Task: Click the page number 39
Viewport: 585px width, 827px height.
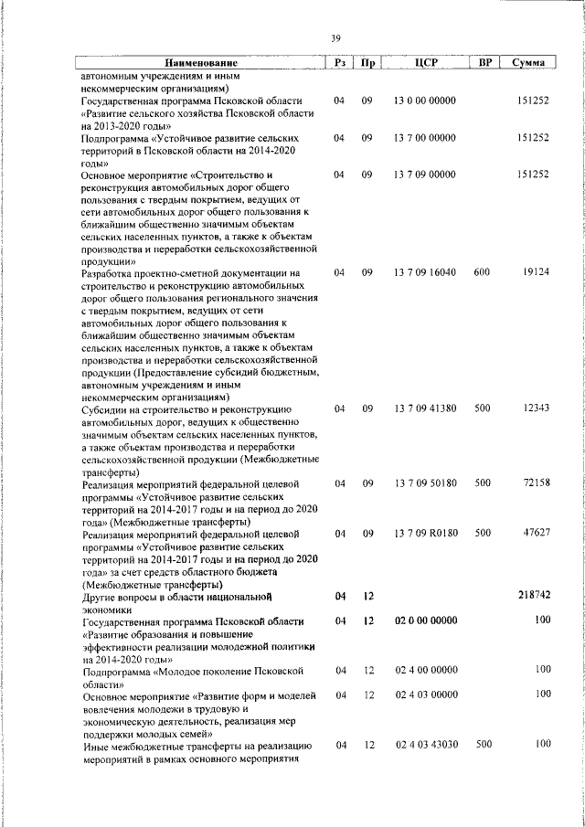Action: pos(335,37)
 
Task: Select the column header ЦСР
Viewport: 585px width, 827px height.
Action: pos(427,62)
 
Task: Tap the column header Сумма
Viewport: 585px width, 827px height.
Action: pos(529,62)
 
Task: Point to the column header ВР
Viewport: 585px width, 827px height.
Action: pos(484,62)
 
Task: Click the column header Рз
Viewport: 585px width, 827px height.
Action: pos(338,62)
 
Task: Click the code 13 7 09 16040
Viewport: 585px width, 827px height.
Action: pos(425,272)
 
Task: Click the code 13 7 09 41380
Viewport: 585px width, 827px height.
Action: pos(425,408)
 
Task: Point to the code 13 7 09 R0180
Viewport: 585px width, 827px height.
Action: pos(425,532)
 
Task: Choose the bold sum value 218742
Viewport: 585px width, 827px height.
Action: pos(531,595)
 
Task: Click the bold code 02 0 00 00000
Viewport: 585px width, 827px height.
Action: pos(426,620)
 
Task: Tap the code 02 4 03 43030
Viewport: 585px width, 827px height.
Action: pos(425,746)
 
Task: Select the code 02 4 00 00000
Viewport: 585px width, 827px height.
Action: pos(425,670)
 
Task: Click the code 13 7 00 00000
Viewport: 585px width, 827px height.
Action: pos(425,137)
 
